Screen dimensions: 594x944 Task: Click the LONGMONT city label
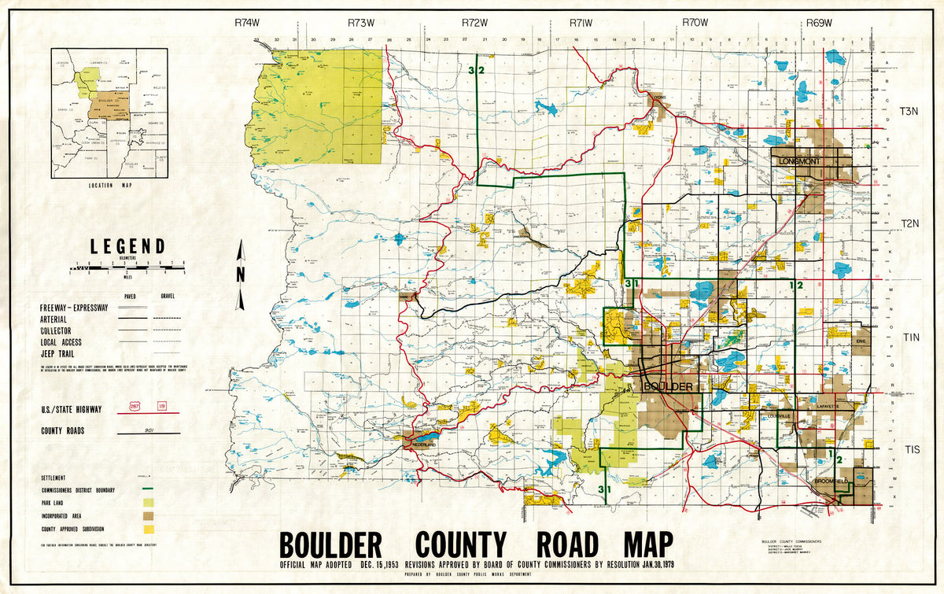798,161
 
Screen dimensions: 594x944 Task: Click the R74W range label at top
247,24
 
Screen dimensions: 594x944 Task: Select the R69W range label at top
819,24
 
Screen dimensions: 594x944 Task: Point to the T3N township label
908,113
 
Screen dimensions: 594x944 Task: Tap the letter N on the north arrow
242,275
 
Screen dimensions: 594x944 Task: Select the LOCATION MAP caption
109,186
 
